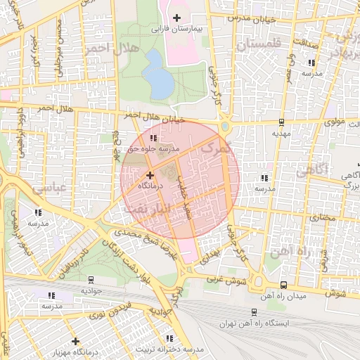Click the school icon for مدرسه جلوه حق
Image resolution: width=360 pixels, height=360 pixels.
pyautogui.click(x=153, y=139)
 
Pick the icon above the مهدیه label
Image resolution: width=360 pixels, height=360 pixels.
pyautogui.click(x=281, y=120)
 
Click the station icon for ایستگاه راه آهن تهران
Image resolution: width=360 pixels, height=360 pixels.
pyautogui.click(x=253, y=311)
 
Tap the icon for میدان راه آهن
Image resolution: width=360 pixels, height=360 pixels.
pyautogui.click(x=283, y=285)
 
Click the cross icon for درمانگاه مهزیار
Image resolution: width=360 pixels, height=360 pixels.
pyautogui.click(x=75, y=341)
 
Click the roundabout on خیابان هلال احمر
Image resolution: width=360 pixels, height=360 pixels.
pyautogui.click(x=225, y=127)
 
